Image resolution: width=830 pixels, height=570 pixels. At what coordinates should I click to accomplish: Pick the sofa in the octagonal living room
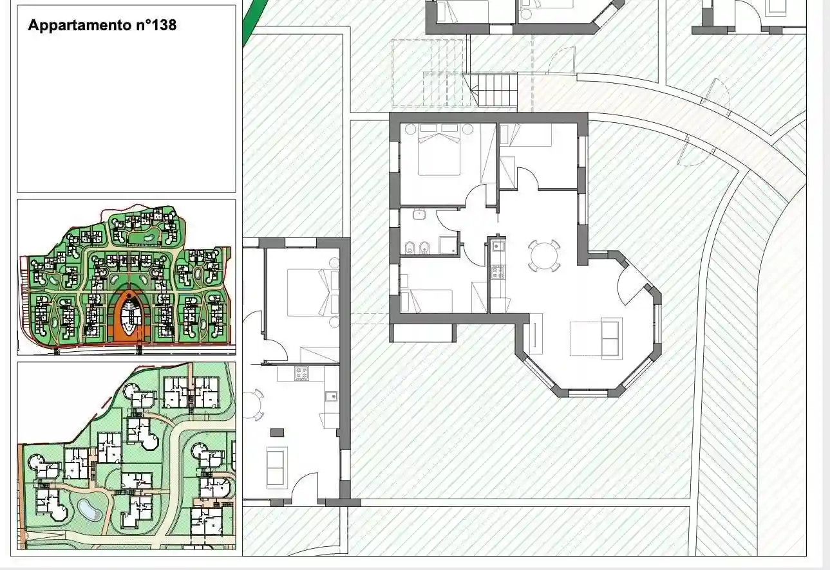pyautogui.click(x=611, y=338)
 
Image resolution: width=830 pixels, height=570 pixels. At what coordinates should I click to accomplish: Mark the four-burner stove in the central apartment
pyautogui.click(x=497, y=271)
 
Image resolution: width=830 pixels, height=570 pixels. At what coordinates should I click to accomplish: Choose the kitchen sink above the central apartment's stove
pyautogui.click(x=497, y=245)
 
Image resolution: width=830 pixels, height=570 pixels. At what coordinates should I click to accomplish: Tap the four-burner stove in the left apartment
pyautogui.click(x=301, y=372)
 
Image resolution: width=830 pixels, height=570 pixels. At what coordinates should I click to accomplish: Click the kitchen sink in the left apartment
pyautogui.click(x=331, y=396)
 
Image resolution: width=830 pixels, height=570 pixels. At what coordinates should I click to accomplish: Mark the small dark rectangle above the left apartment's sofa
pyautogui.click(x=277, y=432)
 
